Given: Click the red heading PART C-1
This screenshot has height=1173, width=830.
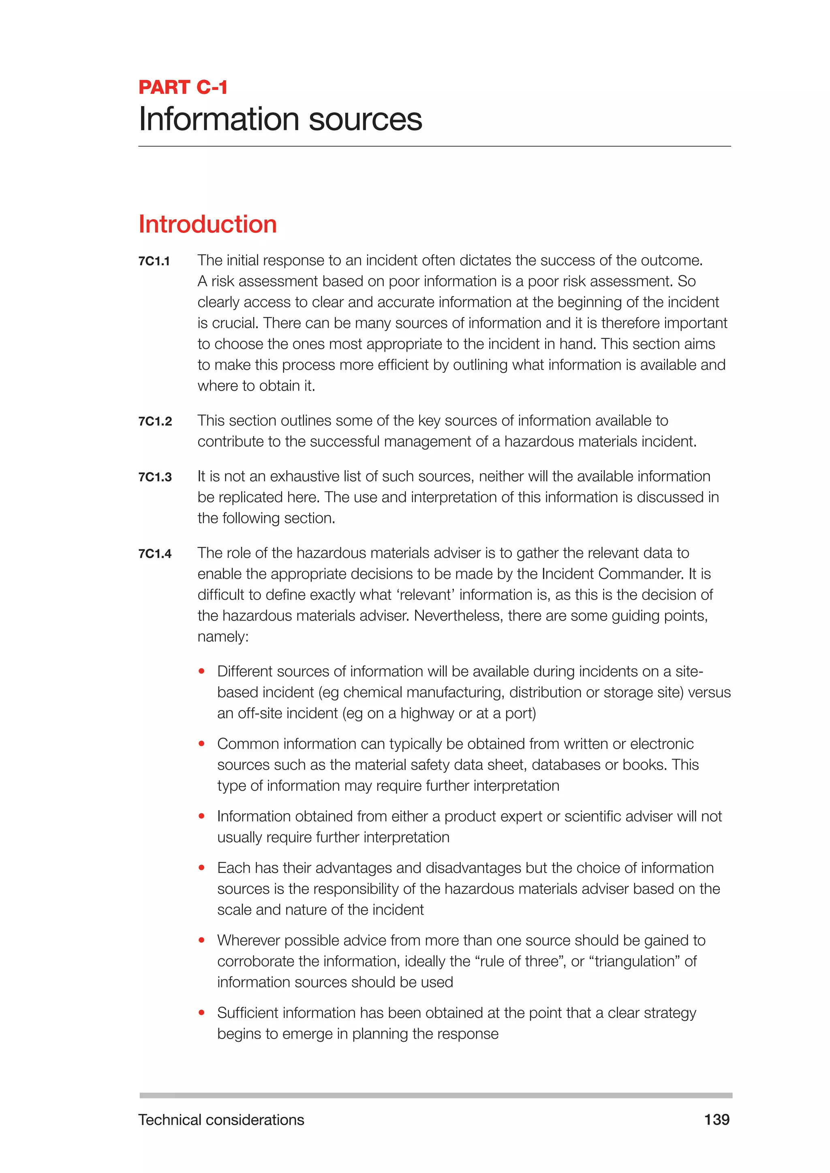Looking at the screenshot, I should pos(182,87).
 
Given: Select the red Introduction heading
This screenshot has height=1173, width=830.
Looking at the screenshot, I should pos(207,224).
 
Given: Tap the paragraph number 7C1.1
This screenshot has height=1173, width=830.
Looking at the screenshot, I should pos(154,262).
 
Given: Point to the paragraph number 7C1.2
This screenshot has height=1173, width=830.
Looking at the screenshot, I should pos(155,422).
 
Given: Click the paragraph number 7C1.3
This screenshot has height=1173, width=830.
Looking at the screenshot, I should pos(155,477).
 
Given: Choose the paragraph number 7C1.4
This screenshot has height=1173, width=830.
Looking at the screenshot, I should pos(155,554).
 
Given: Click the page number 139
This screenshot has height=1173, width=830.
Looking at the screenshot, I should pos(717,1120).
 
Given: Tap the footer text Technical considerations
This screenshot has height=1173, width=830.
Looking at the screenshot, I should pos(221,1120).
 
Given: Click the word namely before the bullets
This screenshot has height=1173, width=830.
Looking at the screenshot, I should pos(223,637).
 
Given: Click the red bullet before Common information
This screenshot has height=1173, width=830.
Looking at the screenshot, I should pos(202,744).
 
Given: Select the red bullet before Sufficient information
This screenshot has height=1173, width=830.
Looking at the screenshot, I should pos(202,1013).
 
